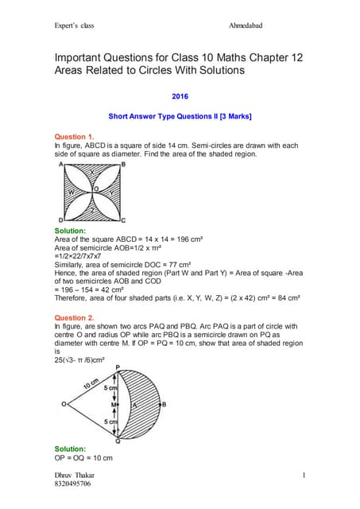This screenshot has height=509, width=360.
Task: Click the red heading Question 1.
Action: pyautogui.click(x=74, y=136)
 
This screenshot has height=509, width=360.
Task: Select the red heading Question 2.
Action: pyautogui.click(x=74, y=317)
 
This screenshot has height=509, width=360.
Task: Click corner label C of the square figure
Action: pyautogui.click(x=123, y=220)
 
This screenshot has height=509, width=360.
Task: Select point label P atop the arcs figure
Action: pyautogui.click(x=118, y=367)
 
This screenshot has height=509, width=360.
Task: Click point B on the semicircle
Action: pyautogui.click(x=163, y=403)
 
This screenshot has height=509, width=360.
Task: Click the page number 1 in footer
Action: pyautogui.click(x=304, y=475)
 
